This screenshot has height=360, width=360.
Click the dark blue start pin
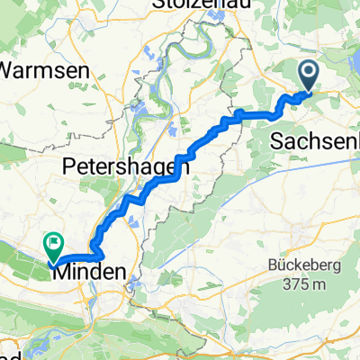coord(309,75)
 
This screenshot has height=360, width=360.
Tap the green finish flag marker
coord(54,242)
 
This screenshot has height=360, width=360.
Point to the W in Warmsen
coord(12,69)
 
